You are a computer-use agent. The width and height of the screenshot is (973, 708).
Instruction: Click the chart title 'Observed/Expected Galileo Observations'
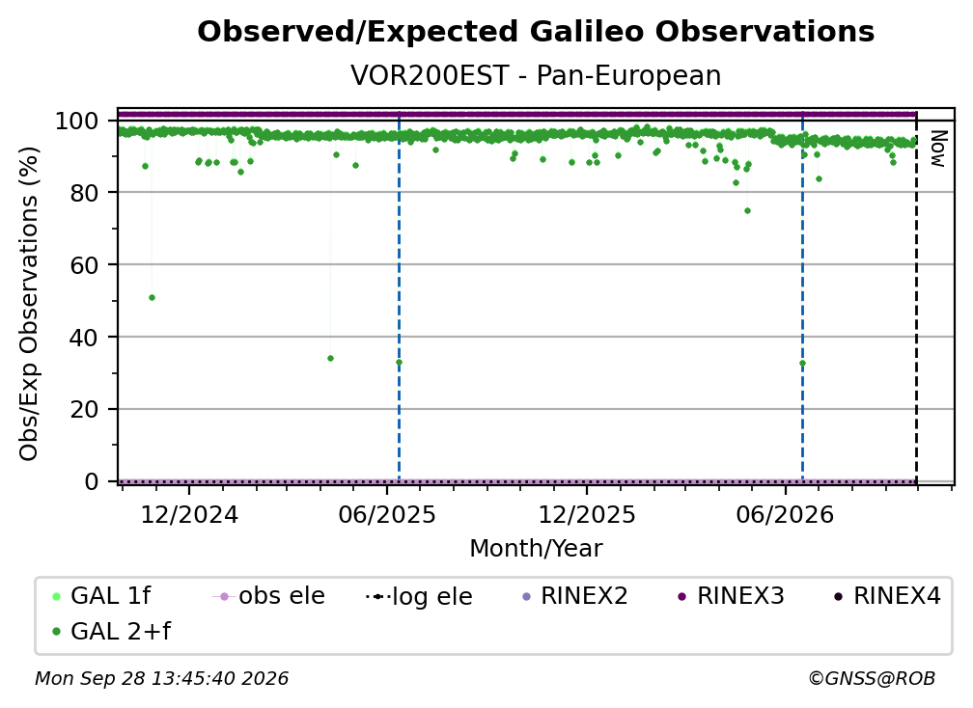(x=536, y=32)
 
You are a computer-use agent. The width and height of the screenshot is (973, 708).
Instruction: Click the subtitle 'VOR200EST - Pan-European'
(x=536, y=75)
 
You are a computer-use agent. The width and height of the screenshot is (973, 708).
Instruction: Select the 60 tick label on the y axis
(x=84, y=264)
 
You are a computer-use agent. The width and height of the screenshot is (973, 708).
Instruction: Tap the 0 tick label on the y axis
(x=92, y=481)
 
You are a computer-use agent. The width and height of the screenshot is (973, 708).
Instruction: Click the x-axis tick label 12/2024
(x=189, y=515)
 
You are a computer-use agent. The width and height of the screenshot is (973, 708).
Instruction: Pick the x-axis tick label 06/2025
(x=387, y=515)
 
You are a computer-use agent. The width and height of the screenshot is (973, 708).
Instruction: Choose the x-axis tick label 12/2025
(x=587, y=515)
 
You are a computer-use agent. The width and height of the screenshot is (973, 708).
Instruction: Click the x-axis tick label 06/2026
(x=785, y=515)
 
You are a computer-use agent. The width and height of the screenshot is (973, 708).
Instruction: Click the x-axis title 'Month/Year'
(x=536, y=549)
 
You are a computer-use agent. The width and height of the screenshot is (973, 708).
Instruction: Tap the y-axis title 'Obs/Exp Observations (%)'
(x=29, y=304)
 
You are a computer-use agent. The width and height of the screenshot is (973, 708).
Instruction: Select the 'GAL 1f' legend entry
(x=102, y=596)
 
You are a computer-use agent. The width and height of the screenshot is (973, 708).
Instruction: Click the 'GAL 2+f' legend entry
(x=112, y=632)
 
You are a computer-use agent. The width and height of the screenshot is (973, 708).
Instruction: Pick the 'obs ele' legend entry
(x=268, y=596)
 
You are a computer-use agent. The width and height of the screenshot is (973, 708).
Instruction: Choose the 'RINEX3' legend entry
(x=731, y=596)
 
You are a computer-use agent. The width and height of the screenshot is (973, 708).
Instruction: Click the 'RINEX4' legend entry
(x=887, y=596)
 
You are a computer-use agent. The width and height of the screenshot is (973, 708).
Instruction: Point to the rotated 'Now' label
(x=937, y=149)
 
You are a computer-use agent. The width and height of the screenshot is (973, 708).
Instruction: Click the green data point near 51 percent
(x=153, y=298)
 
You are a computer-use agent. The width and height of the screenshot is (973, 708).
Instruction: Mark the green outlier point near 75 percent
(x=747, y=211)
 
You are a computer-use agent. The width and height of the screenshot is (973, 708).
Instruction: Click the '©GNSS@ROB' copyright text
(x=872, y=679)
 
